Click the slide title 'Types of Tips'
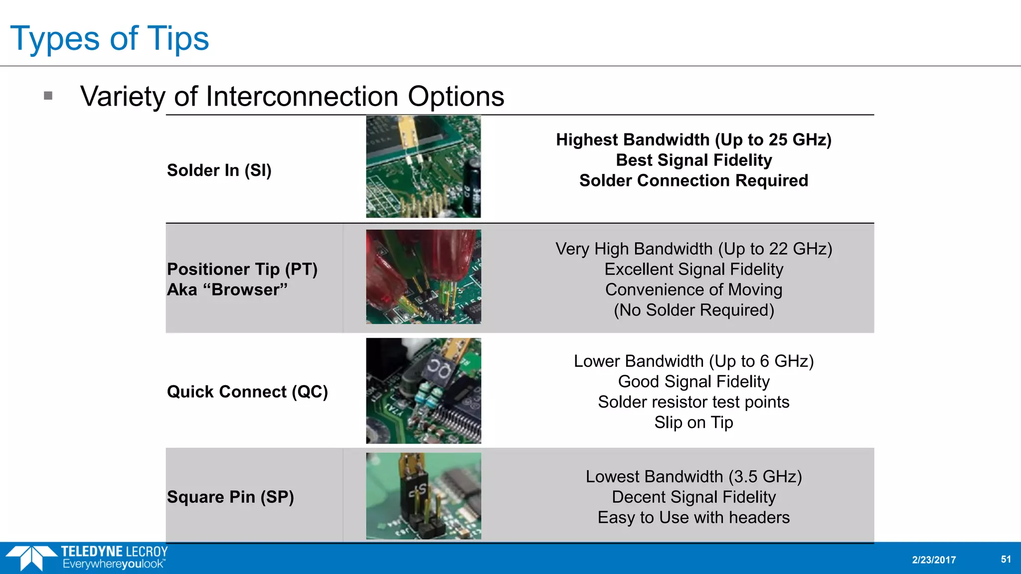109,38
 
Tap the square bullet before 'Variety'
48,96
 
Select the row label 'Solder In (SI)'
219,170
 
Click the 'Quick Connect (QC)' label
247,392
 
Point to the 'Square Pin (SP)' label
230,497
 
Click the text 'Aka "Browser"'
227,289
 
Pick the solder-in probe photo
423,166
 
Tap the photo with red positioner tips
423,277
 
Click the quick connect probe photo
423,391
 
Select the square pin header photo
423,496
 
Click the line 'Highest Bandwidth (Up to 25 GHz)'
693,140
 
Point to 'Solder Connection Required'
693,180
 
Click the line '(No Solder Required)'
693,310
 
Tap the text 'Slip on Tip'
693,423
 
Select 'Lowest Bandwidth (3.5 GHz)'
693,476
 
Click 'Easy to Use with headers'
693,517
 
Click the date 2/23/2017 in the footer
934,560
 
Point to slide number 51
1006,559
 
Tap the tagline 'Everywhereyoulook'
114,565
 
